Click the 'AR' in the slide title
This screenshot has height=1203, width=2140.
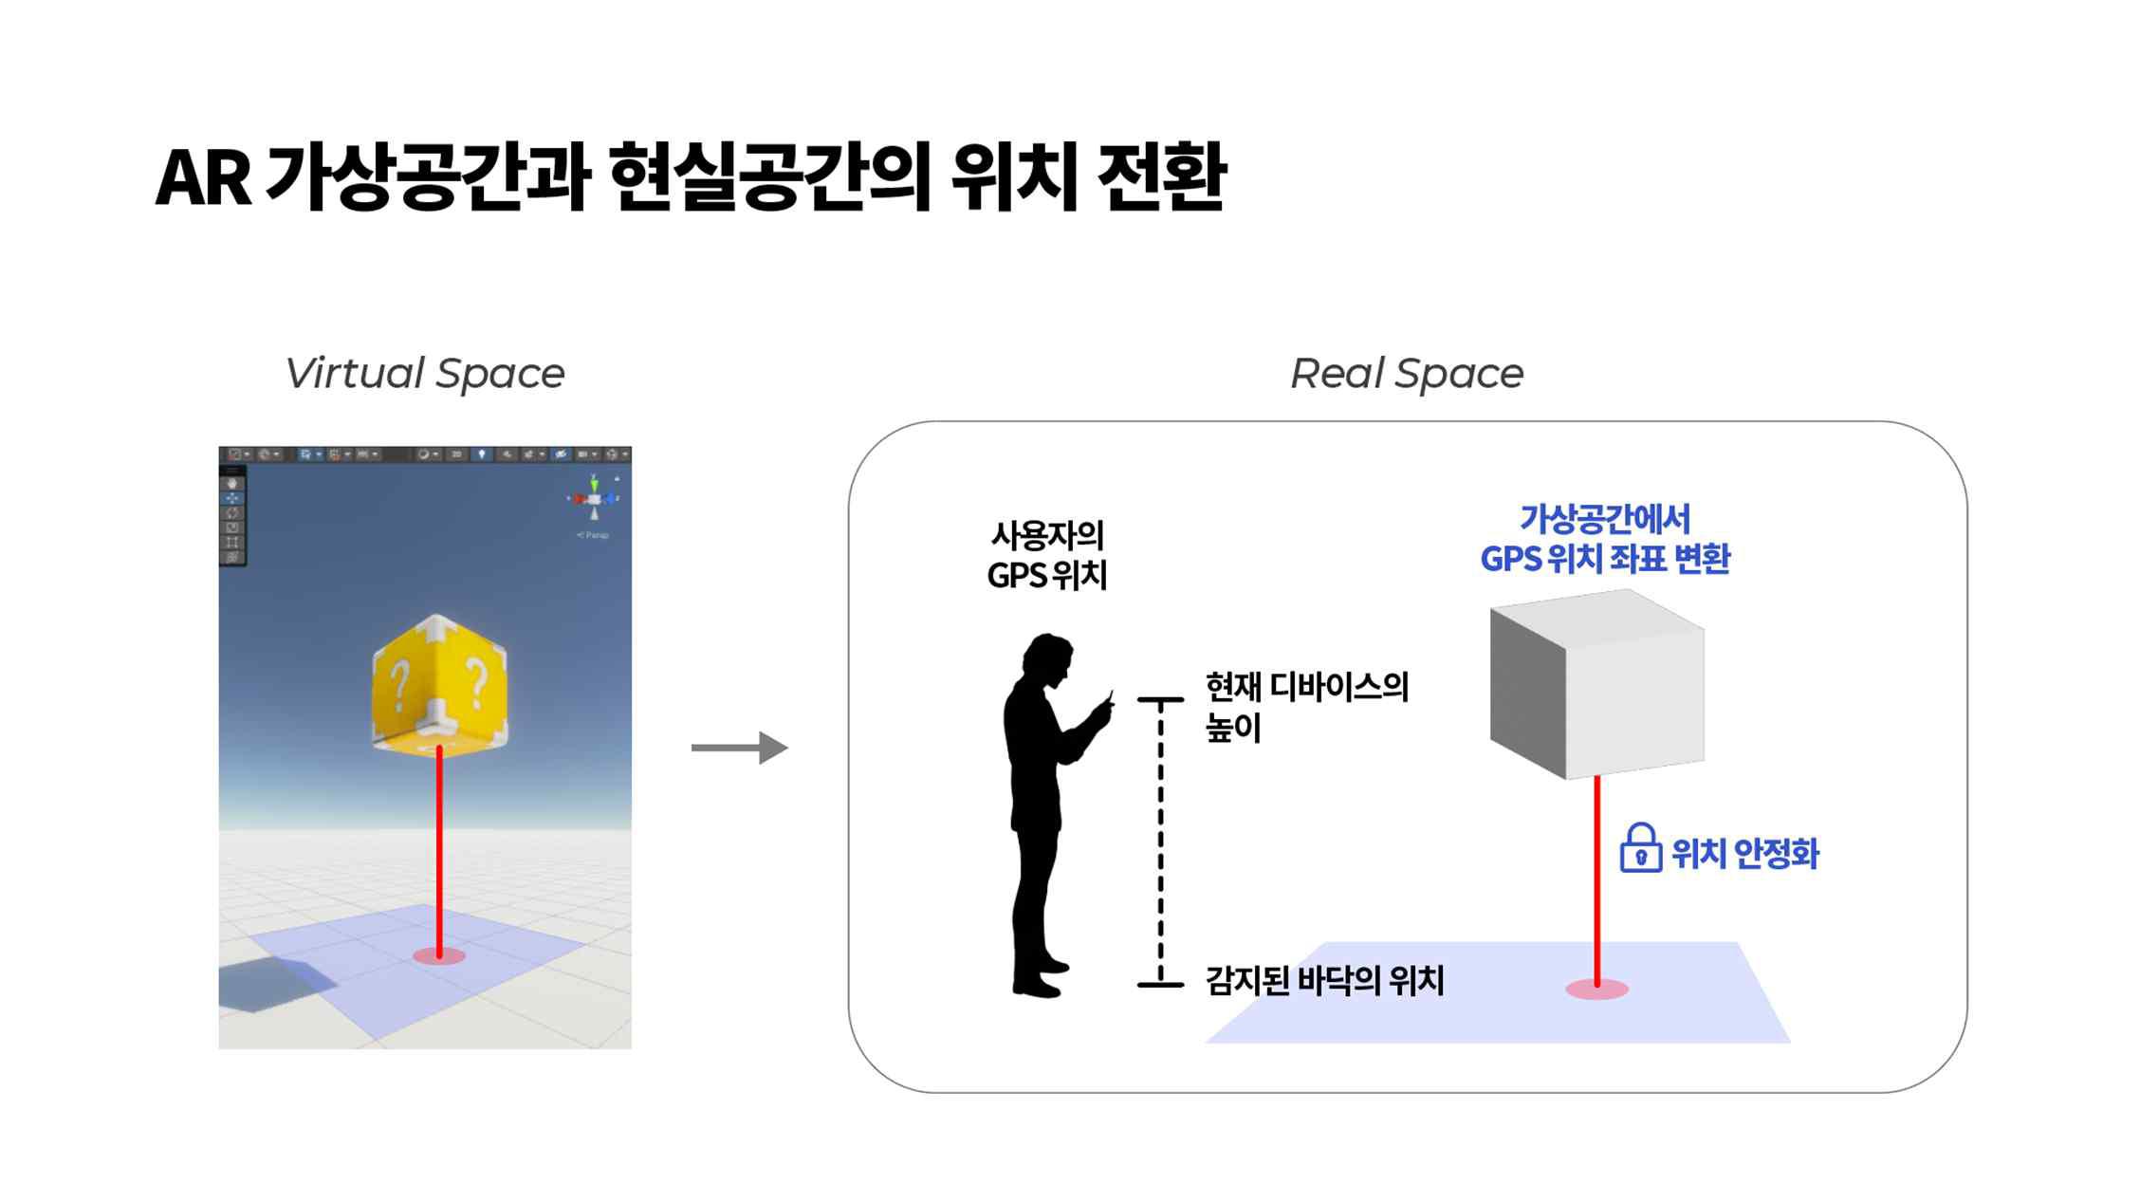(203, 177)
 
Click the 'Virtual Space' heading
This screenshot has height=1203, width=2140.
(424, 373)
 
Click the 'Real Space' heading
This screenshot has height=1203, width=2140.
(1407, 373)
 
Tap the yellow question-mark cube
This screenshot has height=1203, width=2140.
(439, 684)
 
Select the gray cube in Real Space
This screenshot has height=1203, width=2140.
(1596, 684)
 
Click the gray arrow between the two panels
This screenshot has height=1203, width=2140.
(740, 748)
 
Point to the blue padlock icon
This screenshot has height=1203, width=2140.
(1640, 847)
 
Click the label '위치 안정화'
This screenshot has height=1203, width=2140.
(1745, 853)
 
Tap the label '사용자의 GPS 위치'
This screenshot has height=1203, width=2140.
(1047, 555)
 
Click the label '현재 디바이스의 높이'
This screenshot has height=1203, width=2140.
(1306, 707)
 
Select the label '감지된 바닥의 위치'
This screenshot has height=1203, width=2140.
(1324, 980)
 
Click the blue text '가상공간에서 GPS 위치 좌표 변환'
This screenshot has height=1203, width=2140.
(1605, 538)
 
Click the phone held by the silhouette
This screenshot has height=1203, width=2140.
(1108, 699)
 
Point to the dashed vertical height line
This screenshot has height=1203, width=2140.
(1160, 842)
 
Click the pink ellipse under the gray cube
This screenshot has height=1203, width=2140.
(1596, 990)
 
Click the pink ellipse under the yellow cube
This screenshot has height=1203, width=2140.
(439, 955)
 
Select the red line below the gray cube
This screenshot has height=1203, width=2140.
(1597, 880)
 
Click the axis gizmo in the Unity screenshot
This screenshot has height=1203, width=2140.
(594, 499)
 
